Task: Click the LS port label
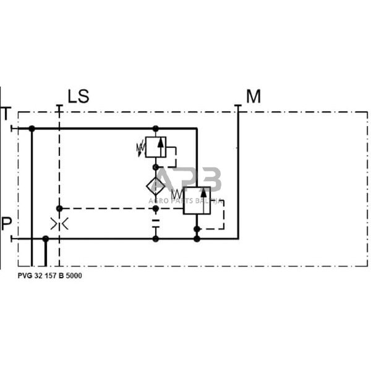(x=79, y=96)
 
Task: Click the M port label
(x=254, y=96)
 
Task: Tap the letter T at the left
(x=6, y=114)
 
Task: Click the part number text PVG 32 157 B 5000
(x=49, y=276)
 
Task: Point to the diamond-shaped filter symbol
(x=156, y=185)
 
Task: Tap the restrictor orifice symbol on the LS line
(x=59, y=224)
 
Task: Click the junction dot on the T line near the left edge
(x=32, y=129)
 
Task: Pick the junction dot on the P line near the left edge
(x=45, y=238)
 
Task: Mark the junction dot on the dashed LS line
(x=59, y=208)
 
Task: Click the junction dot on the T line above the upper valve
(x=156, y=129)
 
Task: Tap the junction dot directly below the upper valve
(x=156, y=167)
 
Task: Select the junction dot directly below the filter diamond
(x=156, y=208)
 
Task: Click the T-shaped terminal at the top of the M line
(x=238, y=106)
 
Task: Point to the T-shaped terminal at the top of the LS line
(x=59, y=106)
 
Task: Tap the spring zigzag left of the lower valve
(x=176, y=195)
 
